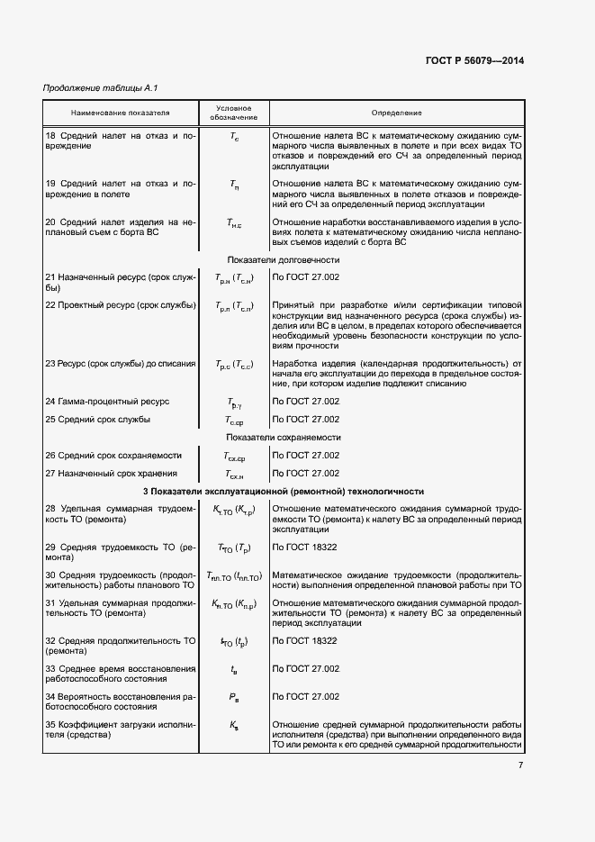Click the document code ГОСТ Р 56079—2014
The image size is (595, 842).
473,61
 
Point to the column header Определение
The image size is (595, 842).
396,113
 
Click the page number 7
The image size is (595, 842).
520,765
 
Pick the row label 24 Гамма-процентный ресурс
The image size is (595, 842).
107,401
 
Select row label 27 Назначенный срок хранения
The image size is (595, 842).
111,473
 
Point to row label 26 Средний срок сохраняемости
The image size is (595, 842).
113,455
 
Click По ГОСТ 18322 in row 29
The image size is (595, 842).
305,547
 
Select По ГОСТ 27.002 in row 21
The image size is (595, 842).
305,276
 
